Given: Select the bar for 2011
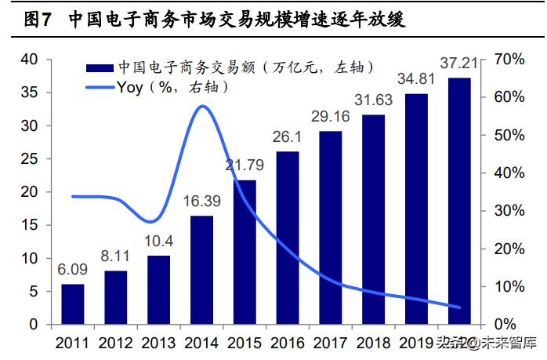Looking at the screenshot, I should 72,304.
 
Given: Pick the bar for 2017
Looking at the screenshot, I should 330,227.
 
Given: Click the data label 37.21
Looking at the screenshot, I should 459,62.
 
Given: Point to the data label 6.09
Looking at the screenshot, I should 72,269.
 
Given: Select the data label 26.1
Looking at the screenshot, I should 287,136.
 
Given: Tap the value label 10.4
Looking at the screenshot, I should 158,241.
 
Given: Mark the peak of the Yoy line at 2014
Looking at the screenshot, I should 202,106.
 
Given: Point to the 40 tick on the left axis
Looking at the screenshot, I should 29,60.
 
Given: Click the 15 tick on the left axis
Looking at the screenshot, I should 29,225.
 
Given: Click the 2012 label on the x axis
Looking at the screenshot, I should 115,342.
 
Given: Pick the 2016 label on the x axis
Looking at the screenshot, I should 287,342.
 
